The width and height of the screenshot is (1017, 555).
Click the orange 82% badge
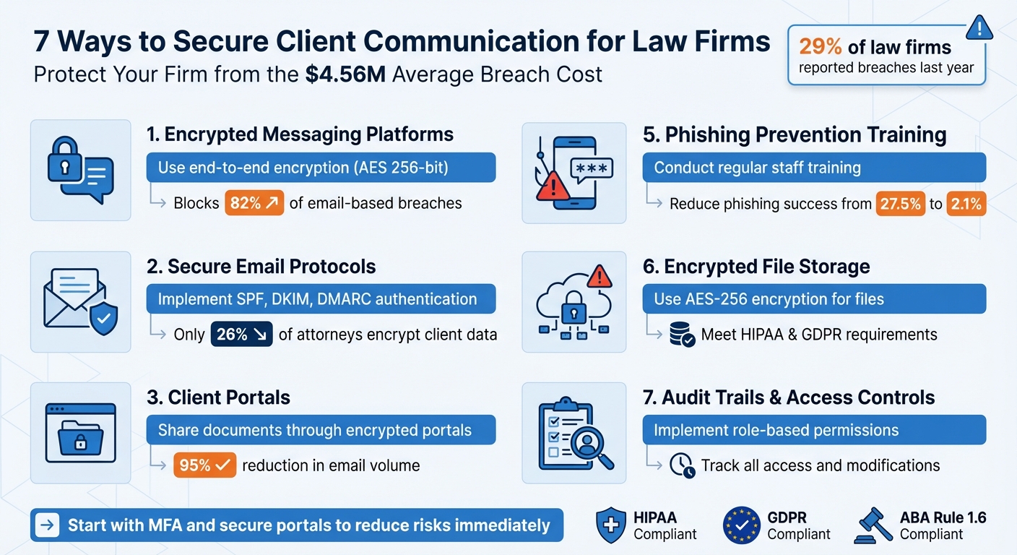point(255,203)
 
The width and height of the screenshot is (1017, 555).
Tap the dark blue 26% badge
point(241,335)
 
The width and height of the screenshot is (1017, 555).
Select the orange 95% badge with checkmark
point(205,465)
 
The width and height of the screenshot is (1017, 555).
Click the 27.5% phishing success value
point(900,204)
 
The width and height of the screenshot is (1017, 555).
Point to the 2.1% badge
point(966,204)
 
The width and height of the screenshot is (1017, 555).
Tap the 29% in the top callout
point(820,47)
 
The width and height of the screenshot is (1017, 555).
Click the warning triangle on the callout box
point(979,27)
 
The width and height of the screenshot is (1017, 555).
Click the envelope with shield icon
point(80,301)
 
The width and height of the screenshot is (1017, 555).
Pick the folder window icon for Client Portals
point(80,432)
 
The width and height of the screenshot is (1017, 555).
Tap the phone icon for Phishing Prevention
point(574,172)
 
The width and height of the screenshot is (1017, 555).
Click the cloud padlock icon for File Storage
point(574,301)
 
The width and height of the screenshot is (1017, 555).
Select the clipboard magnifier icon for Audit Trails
point(574,434)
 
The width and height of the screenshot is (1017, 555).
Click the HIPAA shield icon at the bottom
point(610,525)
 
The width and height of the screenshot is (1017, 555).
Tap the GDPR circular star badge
point(742,525)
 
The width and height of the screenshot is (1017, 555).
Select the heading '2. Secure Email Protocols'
point(261,266)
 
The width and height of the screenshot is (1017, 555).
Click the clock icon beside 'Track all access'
point(681,465)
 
